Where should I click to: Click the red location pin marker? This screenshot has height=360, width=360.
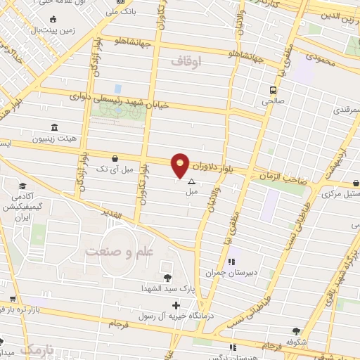(181, 165)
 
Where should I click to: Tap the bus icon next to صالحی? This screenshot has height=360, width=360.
(271, 90)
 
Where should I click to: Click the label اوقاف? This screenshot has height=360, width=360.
(186, 62)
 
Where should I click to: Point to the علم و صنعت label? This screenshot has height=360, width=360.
(113, 251)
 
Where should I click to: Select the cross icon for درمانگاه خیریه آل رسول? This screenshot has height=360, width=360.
(176, 306)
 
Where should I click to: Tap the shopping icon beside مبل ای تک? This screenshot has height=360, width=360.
(115, 158)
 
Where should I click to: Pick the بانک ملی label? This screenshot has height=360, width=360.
(117, 11)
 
